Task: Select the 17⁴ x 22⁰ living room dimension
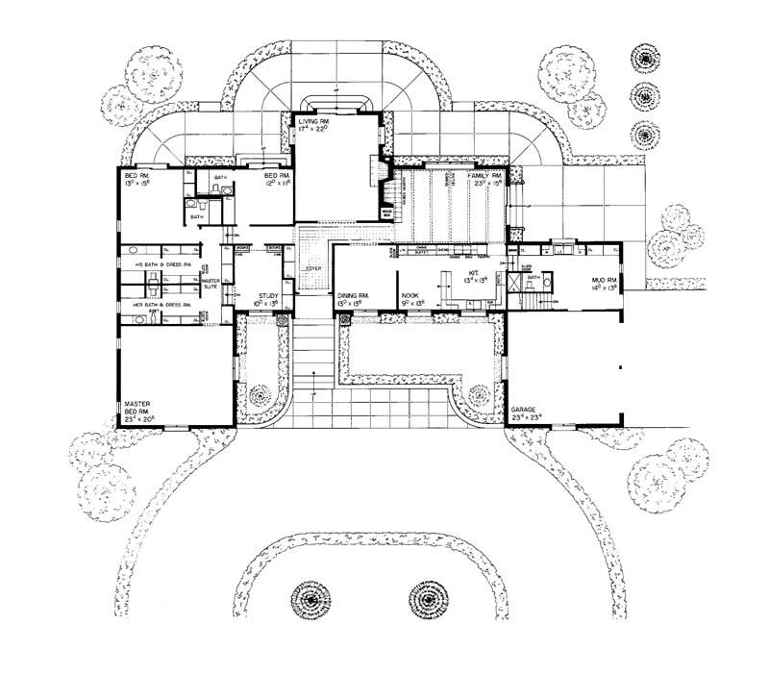pyautogui.click(x=315, y=130)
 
